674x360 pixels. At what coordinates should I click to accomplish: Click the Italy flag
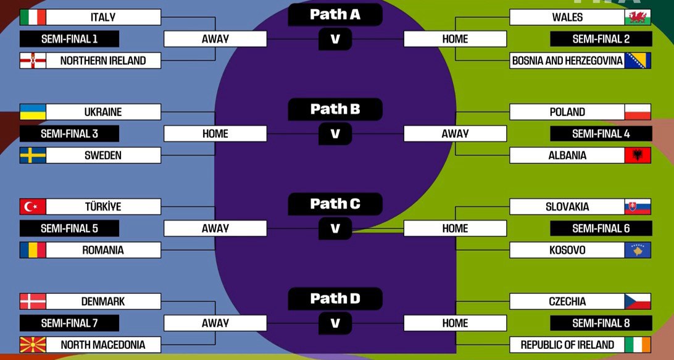coord(33,17)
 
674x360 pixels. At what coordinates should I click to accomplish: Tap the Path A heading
coord(335,14)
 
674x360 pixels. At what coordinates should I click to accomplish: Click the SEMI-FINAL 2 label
coord(601,39)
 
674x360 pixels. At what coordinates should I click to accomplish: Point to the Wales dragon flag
coord(638,17)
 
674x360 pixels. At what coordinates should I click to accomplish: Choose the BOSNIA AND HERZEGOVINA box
coord(567,61)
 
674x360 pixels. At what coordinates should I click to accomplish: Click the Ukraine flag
coord(33,112)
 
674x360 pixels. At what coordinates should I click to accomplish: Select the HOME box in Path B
coord(215,133)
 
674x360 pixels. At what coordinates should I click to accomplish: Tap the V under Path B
coord(335,133)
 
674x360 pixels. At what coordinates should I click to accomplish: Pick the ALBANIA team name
coord(567,156)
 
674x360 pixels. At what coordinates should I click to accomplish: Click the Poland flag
coord(638,112)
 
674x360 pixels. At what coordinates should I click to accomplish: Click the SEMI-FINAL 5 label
coord(69,228)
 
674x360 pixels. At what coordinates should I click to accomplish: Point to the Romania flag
coord(33,250)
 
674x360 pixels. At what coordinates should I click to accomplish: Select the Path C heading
coord(335,204)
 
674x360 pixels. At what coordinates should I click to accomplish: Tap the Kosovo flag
coord(638,250)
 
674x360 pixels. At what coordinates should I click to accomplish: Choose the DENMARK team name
coord(103,301)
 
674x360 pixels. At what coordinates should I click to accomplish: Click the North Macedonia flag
coord(33,345)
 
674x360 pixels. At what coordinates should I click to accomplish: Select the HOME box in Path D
coord(455,323)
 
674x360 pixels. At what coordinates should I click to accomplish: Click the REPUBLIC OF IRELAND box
coord(567,345)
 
